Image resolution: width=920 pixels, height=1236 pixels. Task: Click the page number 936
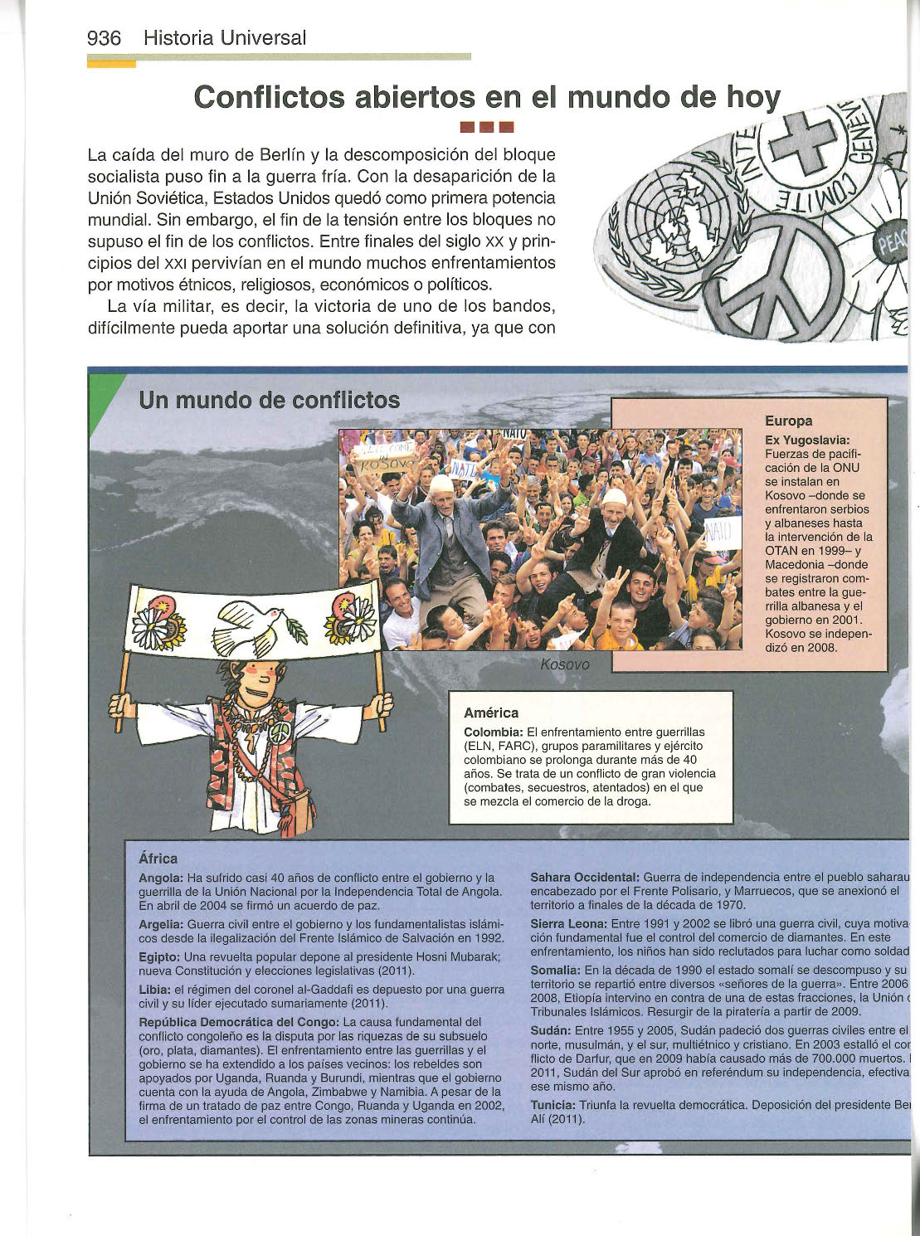click(x=105, y=38)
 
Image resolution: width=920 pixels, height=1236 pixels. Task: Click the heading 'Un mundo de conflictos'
click(x=270, y=401)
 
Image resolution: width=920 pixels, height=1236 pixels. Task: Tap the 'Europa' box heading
click(x=788, y=421)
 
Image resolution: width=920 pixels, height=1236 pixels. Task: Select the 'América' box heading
click(x=491, y=713)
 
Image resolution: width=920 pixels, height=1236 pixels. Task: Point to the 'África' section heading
click(x=158, y=859)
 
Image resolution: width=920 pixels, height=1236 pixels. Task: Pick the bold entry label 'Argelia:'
click(x=161, y=923)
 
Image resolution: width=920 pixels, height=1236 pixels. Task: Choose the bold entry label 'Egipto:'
click(x=160, y=956)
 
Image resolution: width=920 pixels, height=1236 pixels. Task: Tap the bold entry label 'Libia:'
click(x=155, y=990)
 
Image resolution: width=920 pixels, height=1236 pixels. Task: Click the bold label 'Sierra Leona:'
click(x=568, y=923)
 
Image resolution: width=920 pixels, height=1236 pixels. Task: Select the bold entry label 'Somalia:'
click(x=555, y=970)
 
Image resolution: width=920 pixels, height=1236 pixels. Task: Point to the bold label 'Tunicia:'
click(x=552, y=1105)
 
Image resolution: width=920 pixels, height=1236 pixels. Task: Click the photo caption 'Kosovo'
click(x=564, y=664)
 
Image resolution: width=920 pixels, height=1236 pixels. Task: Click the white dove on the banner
click(x=253, y=626)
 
